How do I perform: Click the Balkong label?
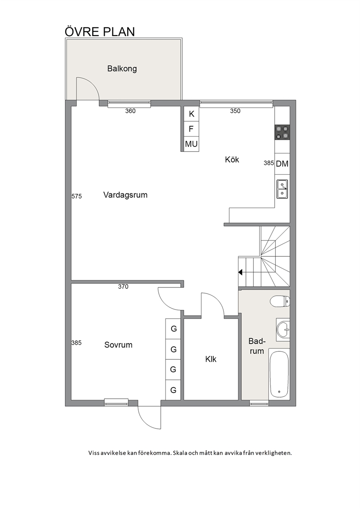tap(122, 69)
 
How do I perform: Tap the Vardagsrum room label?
tap(125, 195)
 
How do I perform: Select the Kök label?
tap(232, 160)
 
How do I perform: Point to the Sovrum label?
tap(118, 345)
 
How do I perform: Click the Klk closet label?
tap(211, 359)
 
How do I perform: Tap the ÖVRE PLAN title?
tap(100, 32)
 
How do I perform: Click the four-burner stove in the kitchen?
tap(282, 132)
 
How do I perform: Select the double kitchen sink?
tap(282, 189)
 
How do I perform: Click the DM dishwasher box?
tap(282, 164)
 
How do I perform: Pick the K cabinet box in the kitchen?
tap(191, 114)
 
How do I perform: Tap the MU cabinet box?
tap(191, 144)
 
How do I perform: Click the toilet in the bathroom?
tap(280, 301)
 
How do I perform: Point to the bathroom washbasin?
tap(283, 329)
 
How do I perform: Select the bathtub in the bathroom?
tap(279, 374)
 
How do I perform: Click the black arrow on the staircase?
tap(240, 272)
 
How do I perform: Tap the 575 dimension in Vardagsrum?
tap(77, 196)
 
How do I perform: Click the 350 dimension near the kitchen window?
tap(235, 111)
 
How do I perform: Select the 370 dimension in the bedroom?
tap(123, 287)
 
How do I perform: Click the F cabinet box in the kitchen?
tap(191, 129)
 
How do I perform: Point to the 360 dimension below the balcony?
tap(130, 111)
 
